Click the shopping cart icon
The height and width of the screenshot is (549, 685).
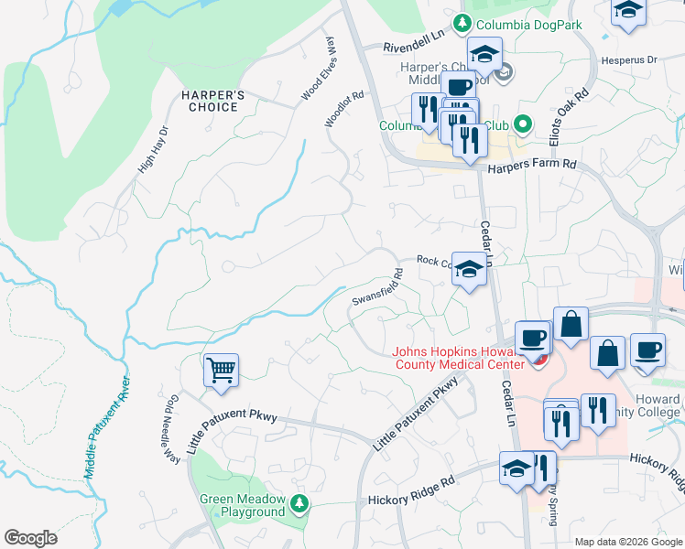pyautogui.click(x=221, y=371)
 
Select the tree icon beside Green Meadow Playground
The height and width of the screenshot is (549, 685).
pyautogui.click(x=299, y=502)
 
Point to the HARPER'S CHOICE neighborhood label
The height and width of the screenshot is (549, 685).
pyautogui.click(x=210, y=101)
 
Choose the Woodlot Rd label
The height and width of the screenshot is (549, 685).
pyautogui.click(x=344, y=109)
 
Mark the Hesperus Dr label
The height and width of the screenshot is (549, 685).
pyautogui.click(x=629, y=60)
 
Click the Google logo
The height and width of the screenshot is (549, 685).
pyautogui.click(x=30, y=537)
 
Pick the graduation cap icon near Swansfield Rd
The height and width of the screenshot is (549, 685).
pyautogui.click(x=469, y=270)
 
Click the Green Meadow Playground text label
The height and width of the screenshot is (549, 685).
pyautogui.click(x=243, y=506)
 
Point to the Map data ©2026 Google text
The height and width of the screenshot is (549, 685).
pyautogui.click(x=627, y=542)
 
